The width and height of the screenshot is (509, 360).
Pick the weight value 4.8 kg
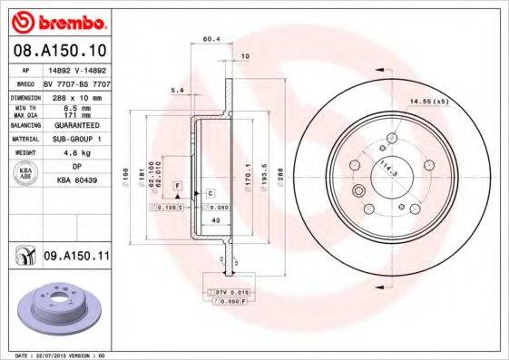point(76,153)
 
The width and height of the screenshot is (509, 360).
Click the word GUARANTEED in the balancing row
point(76,126)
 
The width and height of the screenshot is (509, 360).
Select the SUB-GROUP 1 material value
point(76,140)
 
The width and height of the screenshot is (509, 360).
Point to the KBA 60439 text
point(76,180)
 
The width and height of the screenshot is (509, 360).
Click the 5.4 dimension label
point(178,91)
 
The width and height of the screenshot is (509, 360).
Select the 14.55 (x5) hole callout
point(429,101)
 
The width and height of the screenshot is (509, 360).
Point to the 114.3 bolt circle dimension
point(388,165)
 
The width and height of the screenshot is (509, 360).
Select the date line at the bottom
point(56,355)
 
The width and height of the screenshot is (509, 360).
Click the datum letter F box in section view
point(179,186)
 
